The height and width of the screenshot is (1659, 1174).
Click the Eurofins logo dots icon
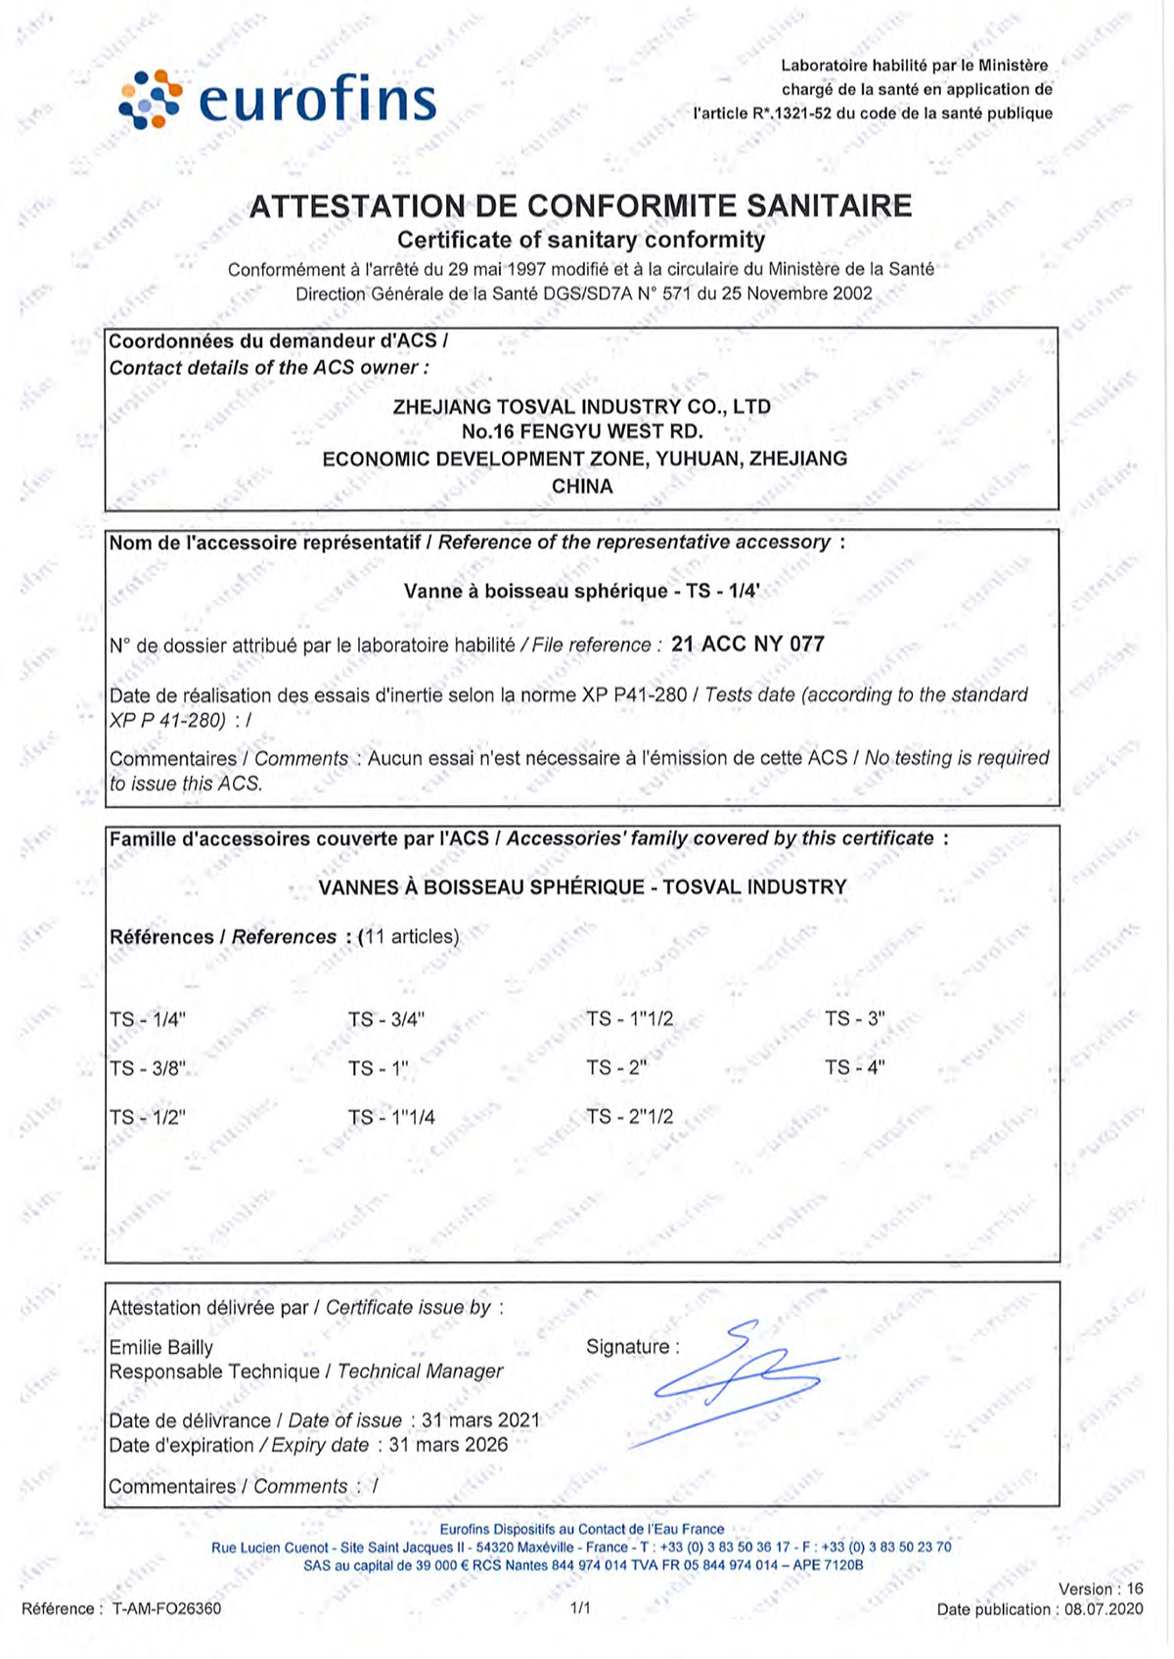tap(150, 99)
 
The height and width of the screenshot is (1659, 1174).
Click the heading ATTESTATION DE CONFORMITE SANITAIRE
tap(580, 206)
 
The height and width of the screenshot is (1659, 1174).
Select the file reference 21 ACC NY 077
tap(748, 644)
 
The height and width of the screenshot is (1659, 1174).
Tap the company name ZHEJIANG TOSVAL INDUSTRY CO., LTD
tap(581, 406)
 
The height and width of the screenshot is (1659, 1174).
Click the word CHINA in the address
tap(582, 486)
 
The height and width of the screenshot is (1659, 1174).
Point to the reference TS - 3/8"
tap(148, 1068)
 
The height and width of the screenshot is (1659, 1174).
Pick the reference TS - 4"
tap(855, 1067)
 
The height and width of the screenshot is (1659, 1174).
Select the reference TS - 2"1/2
tap(630, 1116)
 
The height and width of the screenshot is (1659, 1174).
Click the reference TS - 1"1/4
tap(391, 1117)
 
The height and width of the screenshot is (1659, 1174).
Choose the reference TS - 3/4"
tap(386, 1019)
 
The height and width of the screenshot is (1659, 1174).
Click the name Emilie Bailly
tap(160, 1347)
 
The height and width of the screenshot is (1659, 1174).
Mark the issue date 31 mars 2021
tap(480, 1420)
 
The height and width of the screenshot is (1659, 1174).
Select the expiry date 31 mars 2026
tap(449, 1445)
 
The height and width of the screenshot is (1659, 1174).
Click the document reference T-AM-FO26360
tap(166, 1608)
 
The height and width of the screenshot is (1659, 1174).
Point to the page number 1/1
tap(580, 1607)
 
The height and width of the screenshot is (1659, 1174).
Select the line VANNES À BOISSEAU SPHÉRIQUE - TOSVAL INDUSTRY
tap(582, 887)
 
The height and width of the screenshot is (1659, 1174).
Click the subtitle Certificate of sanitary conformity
tap(581, 240)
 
